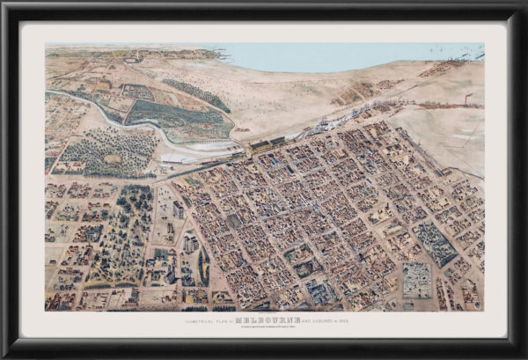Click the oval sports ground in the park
point(112,159)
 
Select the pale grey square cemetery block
point(416,280)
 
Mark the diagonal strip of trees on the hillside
point(195,94)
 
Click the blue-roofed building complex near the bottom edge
point(317,290)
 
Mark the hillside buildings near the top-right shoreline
point(444,68)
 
